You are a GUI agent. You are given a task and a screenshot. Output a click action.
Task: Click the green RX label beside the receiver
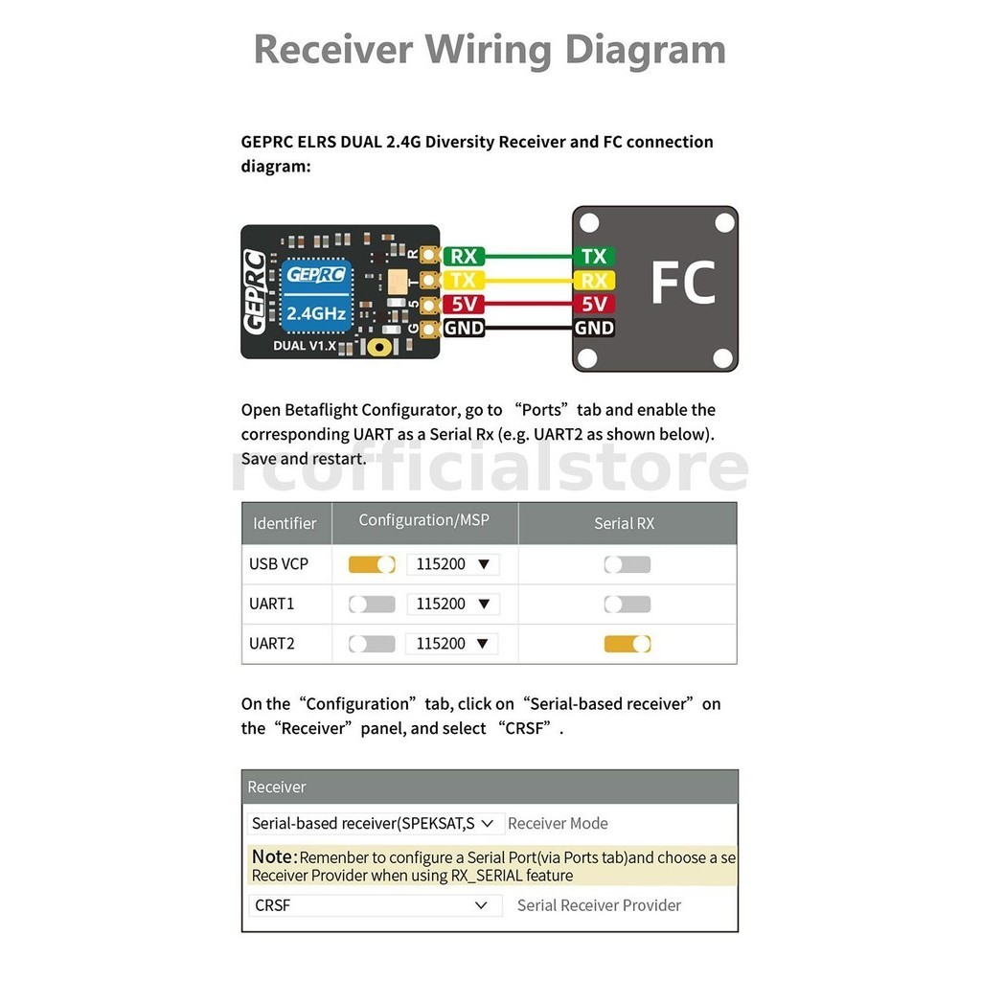point(464,256)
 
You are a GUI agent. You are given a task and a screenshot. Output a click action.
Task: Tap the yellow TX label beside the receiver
point(464,280)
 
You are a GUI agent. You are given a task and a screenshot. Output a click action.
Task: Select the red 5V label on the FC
point(594,304)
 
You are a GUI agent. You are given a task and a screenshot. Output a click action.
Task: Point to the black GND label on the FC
point(594,328)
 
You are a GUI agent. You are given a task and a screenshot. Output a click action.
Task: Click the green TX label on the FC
point(594,256)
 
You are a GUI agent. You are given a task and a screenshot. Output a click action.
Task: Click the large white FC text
point(682,283)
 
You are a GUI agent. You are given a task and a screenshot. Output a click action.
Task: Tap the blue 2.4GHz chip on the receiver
point(316,293)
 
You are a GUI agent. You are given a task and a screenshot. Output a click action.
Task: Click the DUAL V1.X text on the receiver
point(305,345)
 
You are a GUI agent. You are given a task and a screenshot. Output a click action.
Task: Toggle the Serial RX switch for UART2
point(627,644)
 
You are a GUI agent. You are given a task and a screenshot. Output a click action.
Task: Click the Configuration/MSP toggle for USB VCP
point(372,564)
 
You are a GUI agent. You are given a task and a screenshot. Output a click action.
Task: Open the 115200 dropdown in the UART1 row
point(452,604)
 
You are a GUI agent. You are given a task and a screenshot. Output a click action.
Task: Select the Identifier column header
point(285,523)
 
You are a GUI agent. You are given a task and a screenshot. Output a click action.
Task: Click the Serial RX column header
point(625,523)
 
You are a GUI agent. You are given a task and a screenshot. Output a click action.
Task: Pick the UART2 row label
point(272,644)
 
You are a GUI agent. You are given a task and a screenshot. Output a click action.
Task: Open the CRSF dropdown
point(373,905)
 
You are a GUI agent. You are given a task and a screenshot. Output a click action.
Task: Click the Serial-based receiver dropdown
point(373,823)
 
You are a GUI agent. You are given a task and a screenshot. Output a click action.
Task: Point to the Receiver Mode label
point(558,823)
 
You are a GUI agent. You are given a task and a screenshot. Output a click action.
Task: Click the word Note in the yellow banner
point(272,856)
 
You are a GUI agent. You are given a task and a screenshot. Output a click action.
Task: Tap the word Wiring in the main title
point(490,49)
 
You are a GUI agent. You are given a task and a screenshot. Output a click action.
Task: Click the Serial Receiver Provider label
point(599,905)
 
